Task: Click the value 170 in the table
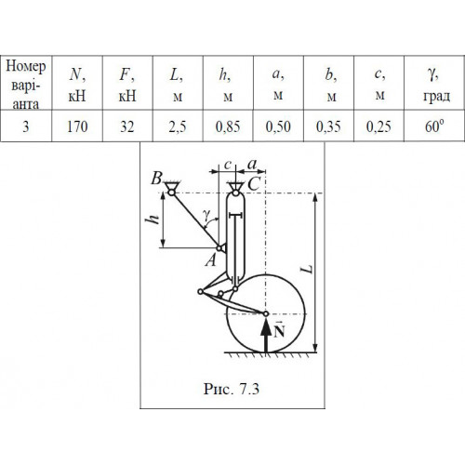coord(77,126)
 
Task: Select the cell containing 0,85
coord(228,126)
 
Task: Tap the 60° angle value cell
coord(434,126)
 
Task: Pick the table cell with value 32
coord(127,126)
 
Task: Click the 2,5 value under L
coord(178,126)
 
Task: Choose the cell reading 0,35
coord(328,126)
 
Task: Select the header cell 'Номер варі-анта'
coord(26,83)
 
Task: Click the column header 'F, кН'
coord(127,83)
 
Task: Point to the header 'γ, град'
coord(434,83)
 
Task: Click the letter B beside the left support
coord(157,179)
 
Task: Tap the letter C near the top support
coord(254,184)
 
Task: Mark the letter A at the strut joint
coord(211,259)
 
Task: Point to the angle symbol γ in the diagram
coord(206,215)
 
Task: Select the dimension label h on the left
coord(153,219)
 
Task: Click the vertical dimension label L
coord(307,269)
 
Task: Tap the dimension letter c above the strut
coord(228,165)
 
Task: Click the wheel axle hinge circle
coord(266,313)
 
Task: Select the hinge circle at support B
coord(171,193)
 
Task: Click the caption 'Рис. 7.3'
coord(231,389)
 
